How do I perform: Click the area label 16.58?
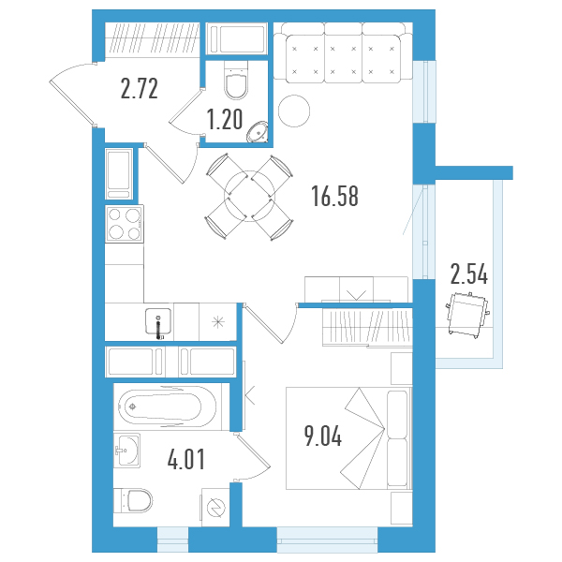pos(334,196)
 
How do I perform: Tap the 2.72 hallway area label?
pos(139,89)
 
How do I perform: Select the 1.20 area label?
pos(225,120)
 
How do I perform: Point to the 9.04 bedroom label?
pos(323,436)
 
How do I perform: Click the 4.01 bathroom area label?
pos(186,459)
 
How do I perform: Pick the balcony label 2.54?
pos(469,274)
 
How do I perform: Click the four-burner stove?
pos(125,224)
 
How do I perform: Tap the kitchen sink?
pos(158,321)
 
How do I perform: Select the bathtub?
pos(168,407)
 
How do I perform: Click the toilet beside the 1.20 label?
pos(236,80)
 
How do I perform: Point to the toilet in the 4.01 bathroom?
pos(133,501)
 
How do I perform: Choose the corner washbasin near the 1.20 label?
pos(258,132)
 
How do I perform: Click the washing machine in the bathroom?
pos(215,507)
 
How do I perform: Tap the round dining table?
pos(250,196)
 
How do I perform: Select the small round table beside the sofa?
pos(294,111)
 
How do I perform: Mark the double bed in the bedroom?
pos(348,438)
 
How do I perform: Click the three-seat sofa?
pos(343,52)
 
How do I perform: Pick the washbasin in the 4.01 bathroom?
pos(126,451)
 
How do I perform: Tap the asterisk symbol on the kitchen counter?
pos(218,322)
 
